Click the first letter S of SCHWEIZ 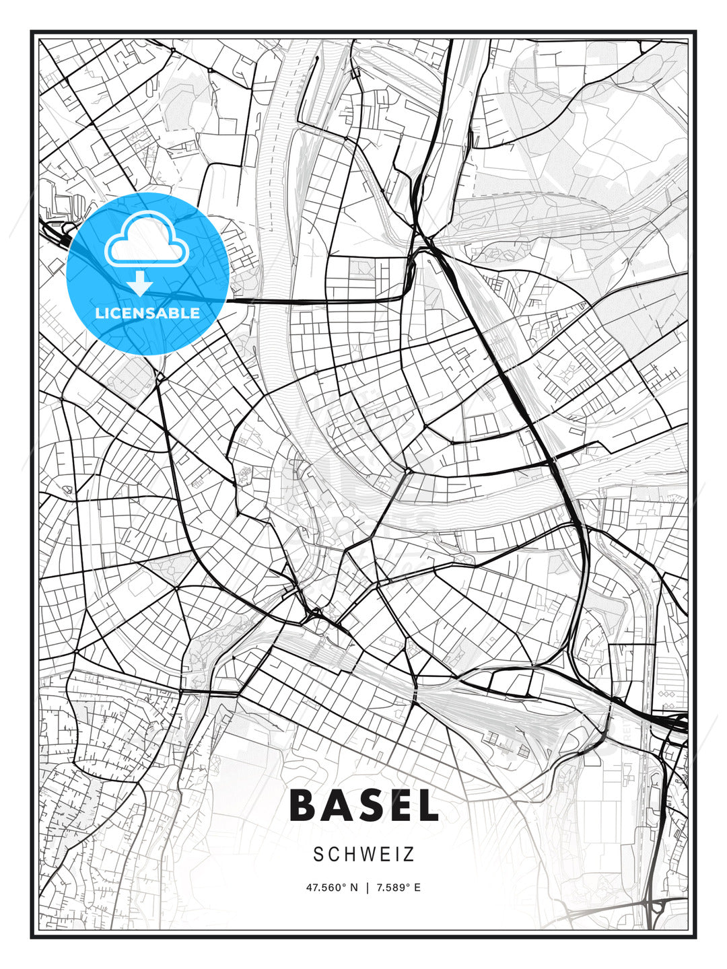pyautogui.click(x=318, y=855)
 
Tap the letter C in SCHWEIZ pyautogui.click(x=332, y=855)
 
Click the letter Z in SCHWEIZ pyautogui.click(x=409, y=855)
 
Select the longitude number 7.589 pyautogui.click(x=391, y=888)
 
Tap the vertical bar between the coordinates pyautogui.click(x=367, y=888)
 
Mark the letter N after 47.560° pyautogui.click(x=355, y=888)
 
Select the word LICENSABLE pyautogui.click(x=147, y=313)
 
